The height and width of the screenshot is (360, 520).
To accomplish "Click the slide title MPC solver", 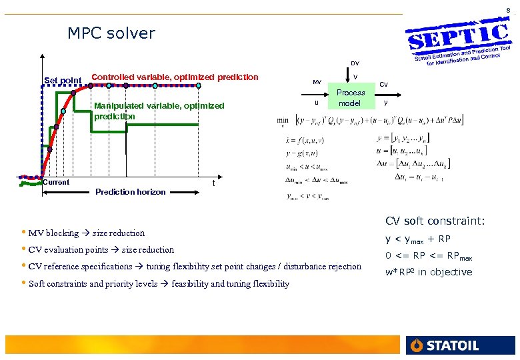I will coord(111,33).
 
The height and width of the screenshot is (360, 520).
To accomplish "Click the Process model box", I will coord(351,98).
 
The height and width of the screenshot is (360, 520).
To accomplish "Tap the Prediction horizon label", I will coord(130,192).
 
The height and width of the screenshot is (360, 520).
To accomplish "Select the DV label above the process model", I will coord(355,63).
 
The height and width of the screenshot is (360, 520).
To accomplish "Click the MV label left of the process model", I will coord(317,82).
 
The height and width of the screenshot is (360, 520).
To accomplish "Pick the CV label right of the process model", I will coord(383,84).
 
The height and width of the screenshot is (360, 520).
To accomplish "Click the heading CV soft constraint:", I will coord(435,221).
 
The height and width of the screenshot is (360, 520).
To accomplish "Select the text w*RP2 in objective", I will coord(429,271).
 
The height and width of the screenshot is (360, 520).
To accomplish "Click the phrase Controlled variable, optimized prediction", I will coord(175,77).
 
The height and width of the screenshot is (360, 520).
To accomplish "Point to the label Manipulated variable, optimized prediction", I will coord(159,111).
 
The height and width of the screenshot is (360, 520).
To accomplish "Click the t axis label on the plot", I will coord(213,183).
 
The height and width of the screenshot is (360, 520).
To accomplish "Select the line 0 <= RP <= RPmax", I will coord(429,255).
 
